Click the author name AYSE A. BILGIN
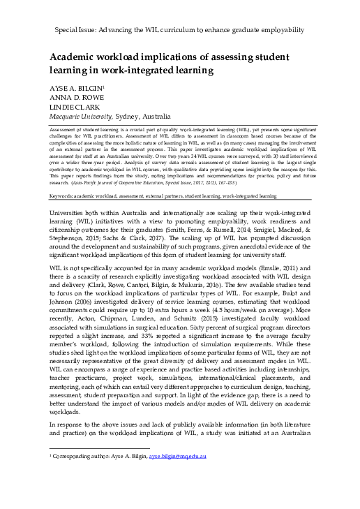click(x=76, y=90)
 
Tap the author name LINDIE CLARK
click(x=72, y=108)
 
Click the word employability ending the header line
click(x=279, y=31)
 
